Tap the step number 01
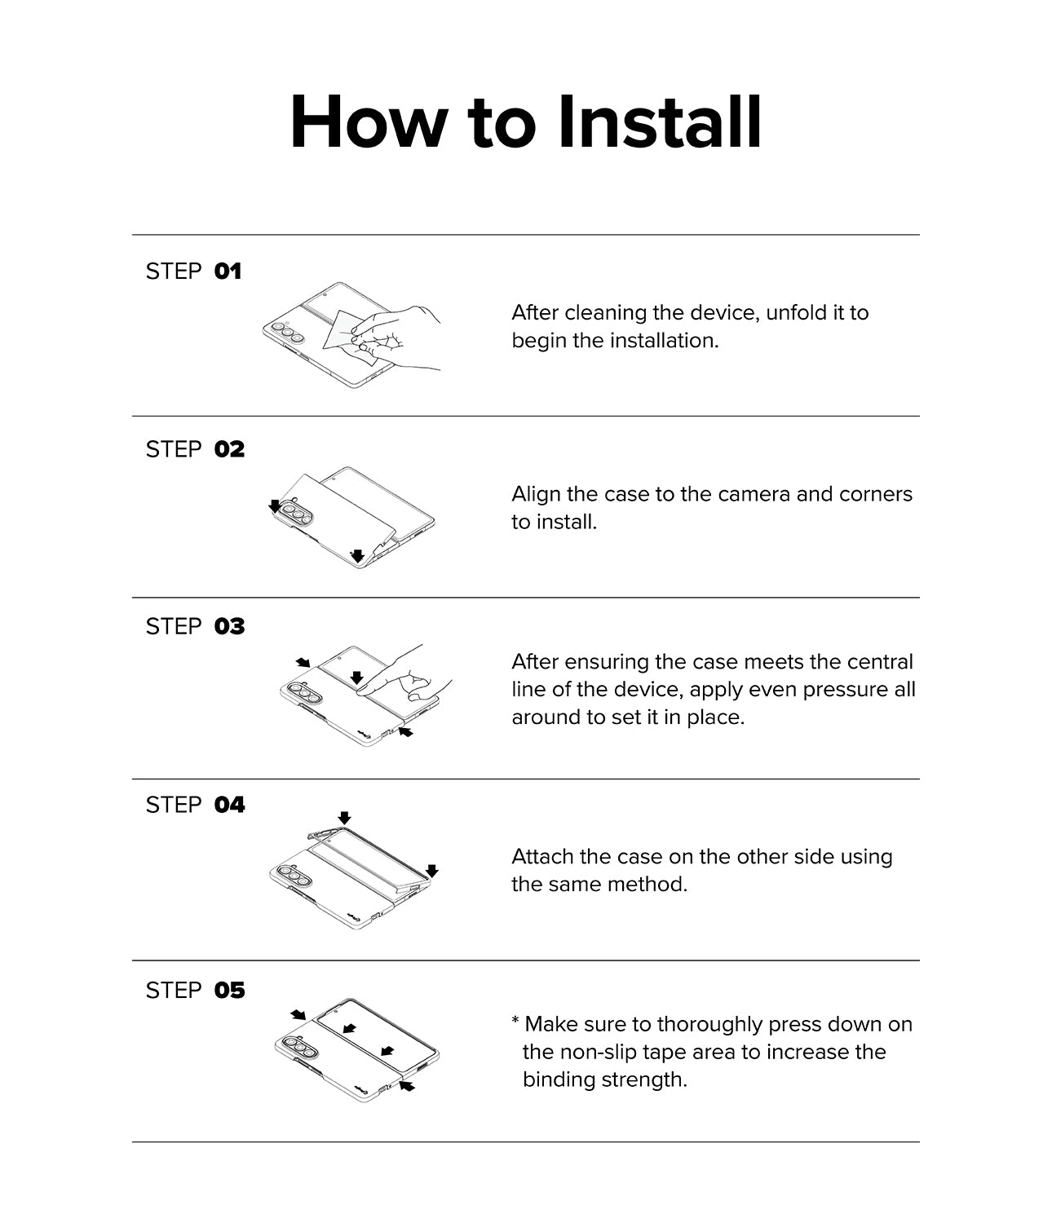coord(228,272)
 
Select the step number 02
coord(229,449)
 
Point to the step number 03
coord(229,627)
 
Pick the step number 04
coord(229,805)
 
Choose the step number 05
coord(229,990)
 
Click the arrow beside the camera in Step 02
coord(275,506)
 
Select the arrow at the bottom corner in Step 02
coord(356,555)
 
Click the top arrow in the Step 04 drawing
coord(344,818)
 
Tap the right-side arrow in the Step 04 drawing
coord(432,870)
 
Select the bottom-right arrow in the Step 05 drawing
coord(406,1086)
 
